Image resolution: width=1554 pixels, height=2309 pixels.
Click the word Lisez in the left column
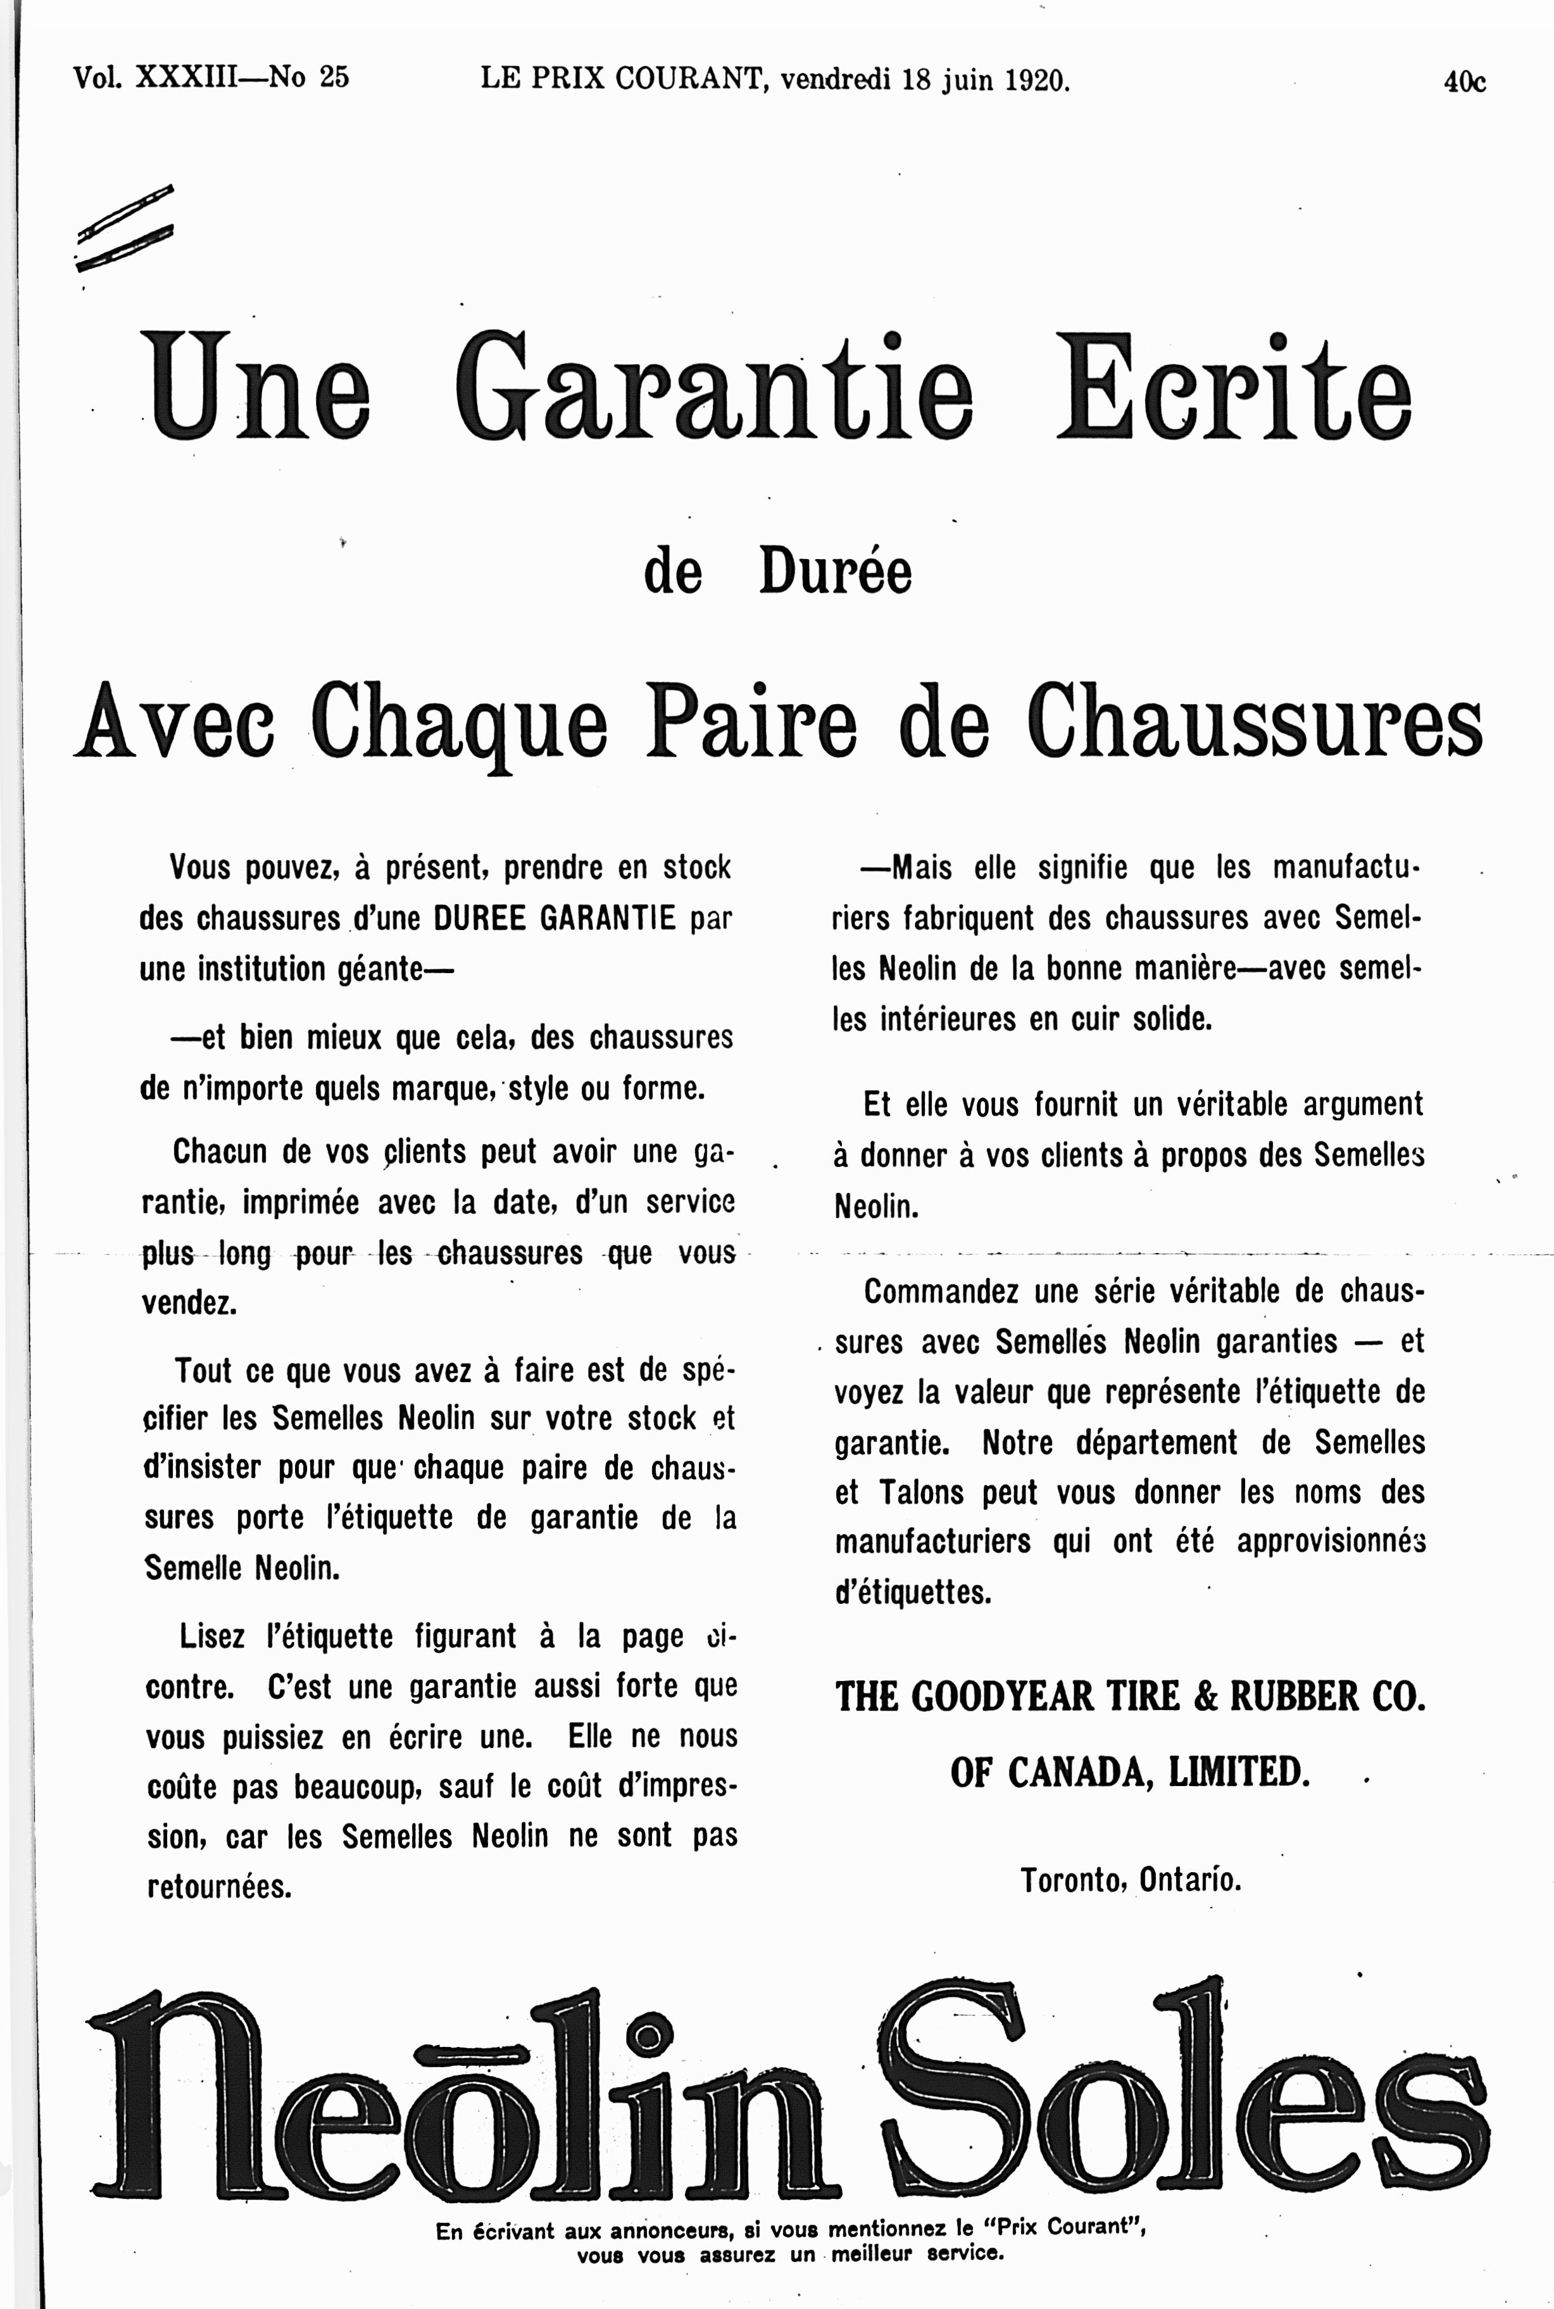click(211, 1635)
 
